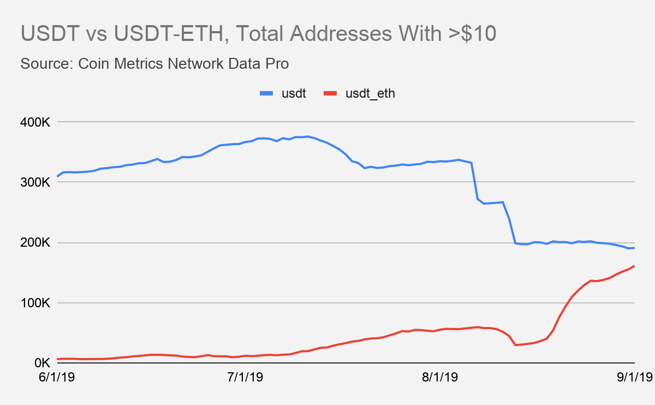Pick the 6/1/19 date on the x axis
coord(57,377)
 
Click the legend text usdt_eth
coord(370,94)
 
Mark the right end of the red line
coord(634,266)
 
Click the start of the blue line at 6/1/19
coord(57,176)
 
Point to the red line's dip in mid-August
coord(515,345)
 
